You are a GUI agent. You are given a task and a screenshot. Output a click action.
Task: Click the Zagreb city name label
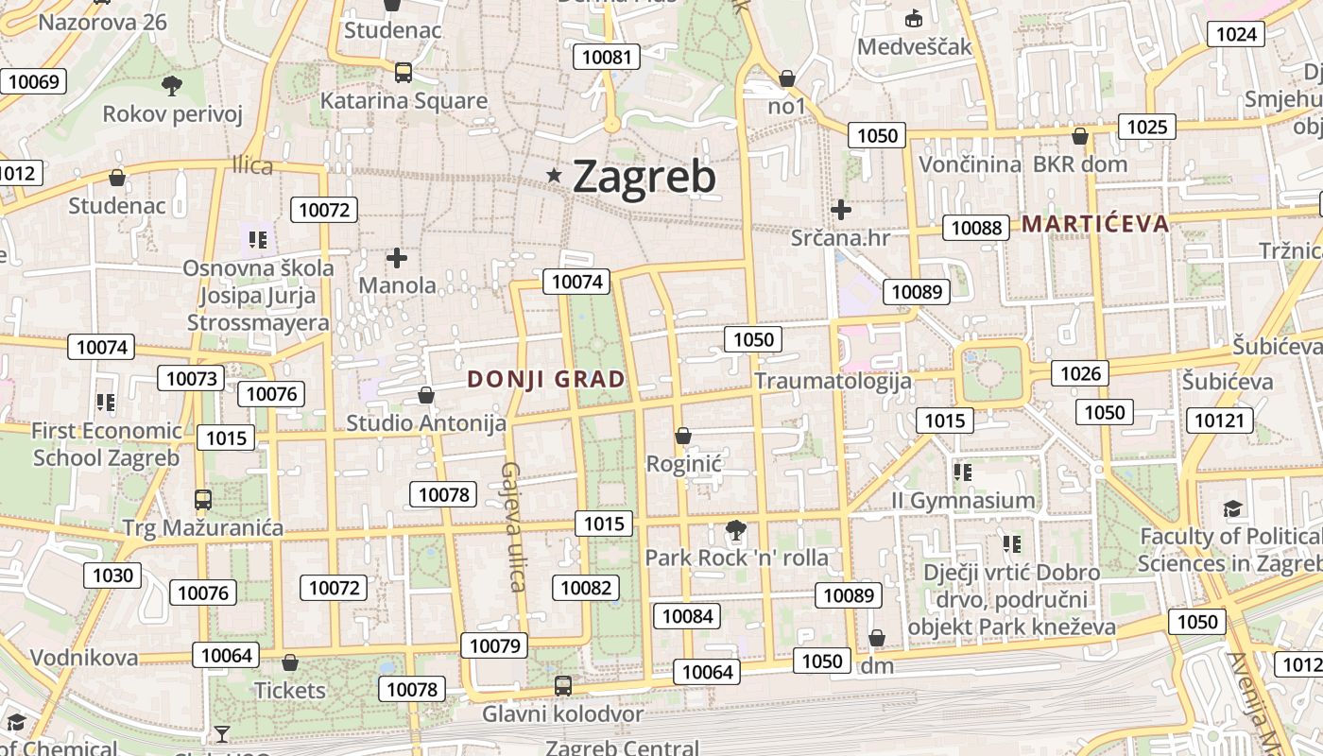click(644, 177)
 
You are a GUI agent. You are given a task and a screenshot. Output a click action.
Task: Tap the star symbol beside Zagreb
click(555, 175)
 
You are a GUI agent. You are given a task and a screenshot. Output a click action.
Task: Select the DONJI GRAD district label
click(546, 380)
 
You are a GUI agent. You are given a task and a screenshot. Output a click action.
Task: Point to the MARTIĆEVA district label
click(1095, 224)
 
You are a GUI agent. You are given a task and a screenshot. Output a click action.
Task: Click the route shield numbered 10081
click(606, 57)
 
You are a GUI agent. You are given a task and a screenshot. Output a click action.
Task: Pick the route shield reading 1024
click(1236, 35)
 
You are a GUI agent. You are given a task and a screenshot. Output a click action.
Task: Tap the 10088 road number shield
click(976, 227)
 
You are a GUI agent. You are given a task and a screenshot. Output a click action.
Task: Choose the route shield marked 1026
click(1080, 373)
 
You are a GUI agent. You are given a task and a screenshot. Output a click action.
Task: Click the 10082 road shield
click(586, 588)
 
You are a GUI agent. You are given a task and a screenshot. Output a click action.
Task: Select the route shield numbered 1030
click(113, 575)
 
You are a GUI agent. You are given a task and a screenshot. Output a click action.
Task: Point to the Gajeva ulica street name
click(514, 526)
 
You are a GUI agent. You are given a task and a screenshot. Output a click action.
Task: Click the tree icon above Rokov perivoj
click(172, 86)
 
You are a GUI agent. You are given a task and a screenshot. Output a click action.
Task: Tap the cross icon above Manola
click(397, 257)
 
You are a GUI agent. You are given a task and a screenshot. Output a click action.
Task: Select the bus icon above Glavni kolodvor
click(563, 685)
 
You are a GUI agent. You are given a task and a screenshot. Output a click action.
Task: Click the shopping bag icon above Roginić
click(683, 436)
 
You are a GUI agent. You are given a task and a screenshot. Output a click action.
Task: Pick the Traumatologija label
click(833, 381)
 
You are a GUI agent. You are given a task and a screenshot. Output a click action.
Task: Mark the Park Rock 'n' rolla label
click(736, 558)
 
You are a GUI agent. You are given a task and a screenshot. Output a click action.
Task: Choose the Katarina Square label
click(404, 101)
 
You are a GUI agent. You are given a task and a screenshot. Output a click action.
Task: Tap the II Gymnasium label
click(963, 500)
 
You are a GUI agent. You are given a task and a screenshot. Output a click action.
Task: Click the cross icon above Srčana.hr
click(840, 210)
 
